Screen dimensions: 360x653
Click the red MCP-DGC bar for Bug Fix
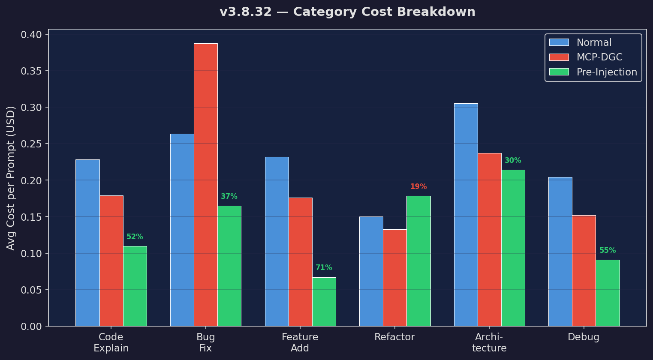click(205, 185)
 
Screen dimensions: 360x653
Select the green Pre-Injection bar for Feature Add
click(324, 302)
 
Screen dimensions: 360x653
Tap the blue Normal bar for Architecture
click(466, 215)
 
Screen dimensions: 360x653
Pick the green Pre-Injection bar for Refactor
click(418, 261)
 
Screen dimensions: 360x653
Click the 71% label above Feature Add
click(324, 268)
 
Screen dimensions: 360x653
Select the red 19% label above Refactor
click(418, 187)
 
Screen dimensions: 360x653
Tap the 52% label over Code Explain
click(135, 237)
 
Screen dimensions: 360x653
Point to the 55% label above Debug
click(608, 251)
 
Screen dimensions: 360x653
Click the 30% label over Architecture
click(513, 161)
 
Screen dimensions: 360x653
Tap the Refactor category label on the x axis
click(394, 337)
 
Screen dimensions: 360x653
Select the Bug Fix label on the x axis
click(205, 342)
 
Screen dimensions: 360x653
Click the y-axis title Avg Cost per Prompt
click(11, 178)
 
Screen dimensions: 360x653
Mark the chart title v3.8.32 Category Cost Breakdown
click(347, 12)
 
